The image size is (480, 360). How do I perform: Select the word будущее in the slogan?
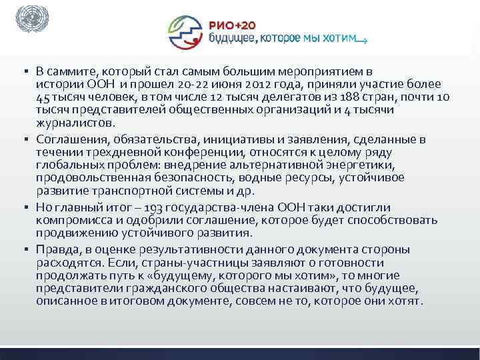pyautogui.click(x=231, y=39)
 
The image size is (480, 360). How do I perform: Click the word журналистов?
pyautogui.click(x=76, y=123)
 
